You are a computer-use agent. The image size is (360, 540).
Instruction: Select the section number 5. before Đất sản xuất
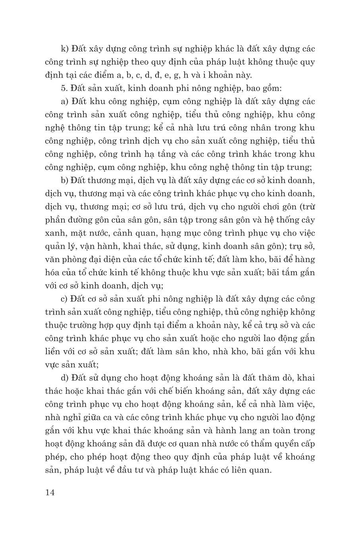click(64, 89)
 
